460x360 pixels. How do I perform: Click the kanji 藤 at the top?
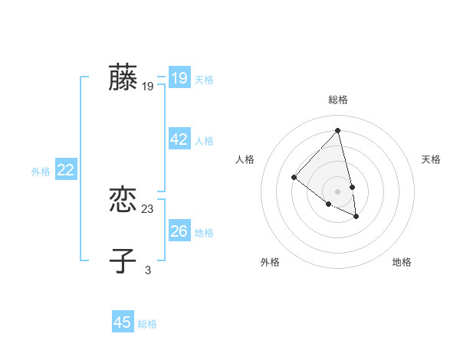[123, 78]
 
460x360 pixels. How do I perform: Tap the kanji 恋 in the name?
[123, 201]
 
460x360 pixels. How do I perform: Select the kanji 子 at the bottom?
[123, 260]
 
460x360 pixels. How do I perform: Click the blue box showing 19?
[179, 78]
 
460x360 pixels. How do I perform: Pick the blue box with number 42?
[179, 139]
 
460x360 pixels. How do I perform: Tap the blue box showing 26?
[179, 231]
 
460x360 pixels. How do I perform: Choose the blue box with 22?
[65, 170]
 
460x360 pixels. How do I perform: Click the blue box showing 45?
[123, 322]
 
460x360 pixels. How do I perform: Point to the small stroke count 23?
[148, 209]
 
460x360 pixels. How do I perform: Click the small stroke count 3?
[148, 270]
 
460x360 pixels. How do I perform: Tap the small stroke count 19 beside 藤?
[148, 87]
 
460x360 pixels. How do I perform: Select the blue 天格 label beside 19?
[204, 80]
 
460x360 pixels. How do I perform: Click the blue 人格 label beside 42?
[204, 141]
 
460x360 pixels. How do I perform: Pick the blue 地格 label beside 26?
[204, 232]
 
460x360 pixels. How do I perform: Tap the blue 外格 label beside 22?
[41, 172]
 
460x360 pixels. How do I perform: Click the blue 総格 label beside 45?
[147, 324]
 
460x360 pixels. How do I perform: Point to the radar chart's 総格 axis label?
[338, 100]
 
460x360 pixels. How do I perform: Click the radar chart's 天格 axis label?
[431, 159]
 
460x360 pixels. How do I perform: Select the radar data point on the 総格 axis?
[338, 130]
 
